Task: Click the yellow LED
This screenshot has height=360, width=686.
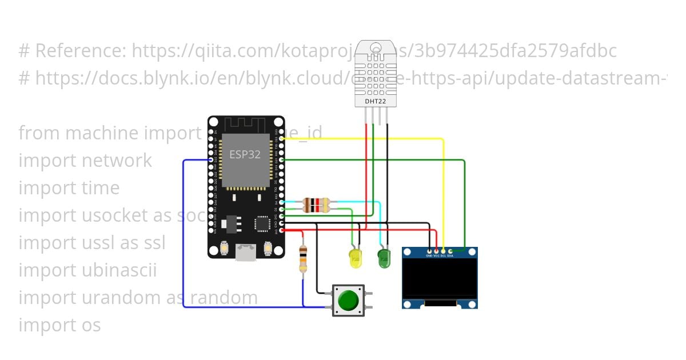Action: click(356, 258)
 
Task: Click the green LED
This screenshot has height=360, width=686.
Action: click(384, 258)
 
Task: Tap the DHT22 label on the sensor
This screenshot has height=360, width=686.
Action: click(375, 102)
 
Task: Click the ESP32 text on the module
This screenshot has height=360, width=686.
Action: click(245, 154)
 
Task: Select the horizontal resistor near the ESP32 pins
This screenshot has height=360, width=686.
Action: click(316, 205)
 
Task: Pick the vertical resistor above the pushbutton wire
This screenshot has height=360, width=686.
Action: click(303, 259)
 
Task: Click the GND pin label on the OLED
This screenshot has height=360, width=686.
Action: click(429, 255)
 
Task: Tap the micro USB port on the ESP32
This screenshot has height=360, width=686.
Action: click(246, 252)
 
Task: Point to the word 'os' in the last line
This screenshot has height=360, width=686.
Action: click(88, 325)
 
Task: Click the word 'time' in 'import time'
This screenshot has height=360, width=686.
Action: click(101, 188)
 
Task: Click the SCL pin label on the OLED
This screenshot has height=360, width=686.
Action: click(443, 255)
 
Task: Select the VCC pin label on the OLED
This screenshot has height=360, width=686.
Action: click(436, 255)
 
